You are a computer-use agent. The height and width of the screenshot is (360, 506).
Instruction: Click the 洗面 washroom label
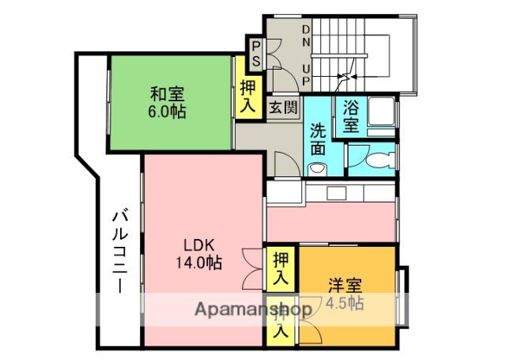click(x=318, y=138)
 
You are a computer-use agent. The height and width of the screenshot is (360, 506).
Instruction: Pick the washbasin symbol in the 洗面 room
click(x=318, y=168)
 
